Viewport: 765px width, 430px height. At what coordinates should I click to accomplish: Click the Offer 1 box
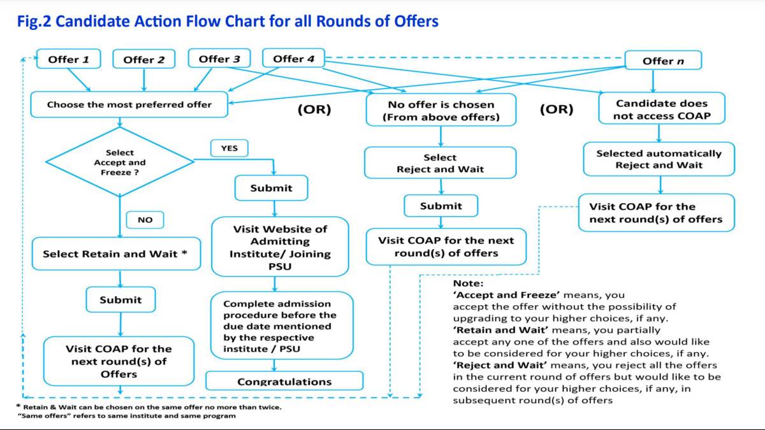point(69,60)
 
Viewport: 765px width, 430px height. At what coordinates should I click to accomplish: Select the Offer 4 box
point(293,59)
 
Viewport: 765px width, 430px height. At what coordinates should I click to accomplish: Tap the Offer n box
point(662,61)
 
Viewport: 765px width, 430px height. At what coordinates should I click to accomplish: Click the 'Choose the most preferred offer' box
point(129,104)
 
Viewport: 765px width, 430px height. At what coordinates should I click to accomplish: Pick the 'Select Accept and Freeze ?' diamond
point(120,162)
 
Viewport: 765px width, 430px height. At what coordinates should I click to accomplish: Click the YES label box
point(229,148)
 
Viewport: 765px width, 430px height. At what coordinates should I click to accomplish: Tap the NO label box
point(145,220)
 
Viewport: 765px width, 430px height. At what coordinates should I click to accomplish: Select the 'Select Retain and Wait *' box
point(115,254)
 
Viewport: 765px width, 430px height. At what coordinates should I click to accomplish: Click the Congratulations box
point(284,382)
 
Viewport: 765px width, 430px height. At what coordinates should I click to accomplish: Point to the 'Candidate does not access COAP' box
point(661,110)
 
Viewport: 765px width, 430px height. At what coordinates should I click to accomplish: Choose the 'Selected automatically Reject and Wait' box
point(659,159)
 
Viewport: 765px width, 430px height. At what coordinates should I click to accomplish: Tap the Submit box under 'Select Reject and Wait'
point(441,206)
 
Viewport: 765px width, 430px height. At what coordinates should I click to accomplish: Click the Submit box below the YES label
point(272,188)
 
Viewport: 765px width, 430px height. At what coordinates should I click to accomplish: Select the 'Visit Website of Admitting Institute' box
point(280,247)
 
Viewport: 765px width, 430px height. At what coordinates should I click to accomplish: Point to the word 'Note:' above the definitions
point(469,283)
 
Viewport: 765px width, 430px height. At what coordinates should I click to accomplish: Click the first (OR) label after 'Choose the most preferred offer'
point(315,109)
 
